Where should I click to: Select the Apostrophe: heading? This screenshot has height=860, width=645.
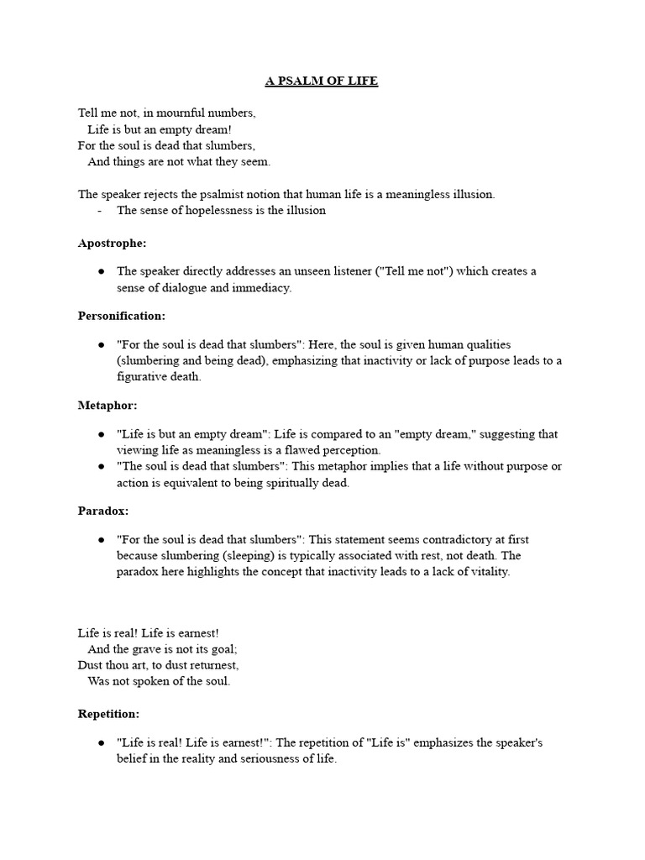[x=112, y=243]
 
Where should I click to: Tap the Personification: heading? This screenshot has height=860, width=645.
[x=121, y=316]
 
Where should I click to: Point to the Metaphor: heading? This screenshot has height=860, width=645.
[x=107, y=406]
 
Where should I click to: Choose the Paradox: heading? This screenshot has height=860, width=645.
[x=103, y=511]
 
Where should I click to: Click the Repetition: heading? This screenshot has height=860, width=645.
[x=108, y=714]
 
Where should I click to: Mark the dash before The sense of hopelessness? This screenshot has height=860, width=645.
[x=100, y=211]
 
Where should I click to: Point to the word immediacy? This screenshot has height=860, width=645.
[x=261, y=287]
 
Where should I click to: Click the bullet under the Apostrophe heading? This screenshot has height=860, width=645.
[x=101, y=271]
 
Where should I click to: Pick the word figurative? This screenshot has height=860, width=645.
[x=145, y=377]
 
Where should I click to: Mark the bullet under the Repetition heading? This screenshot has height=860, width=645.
[x=101, y=743]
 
